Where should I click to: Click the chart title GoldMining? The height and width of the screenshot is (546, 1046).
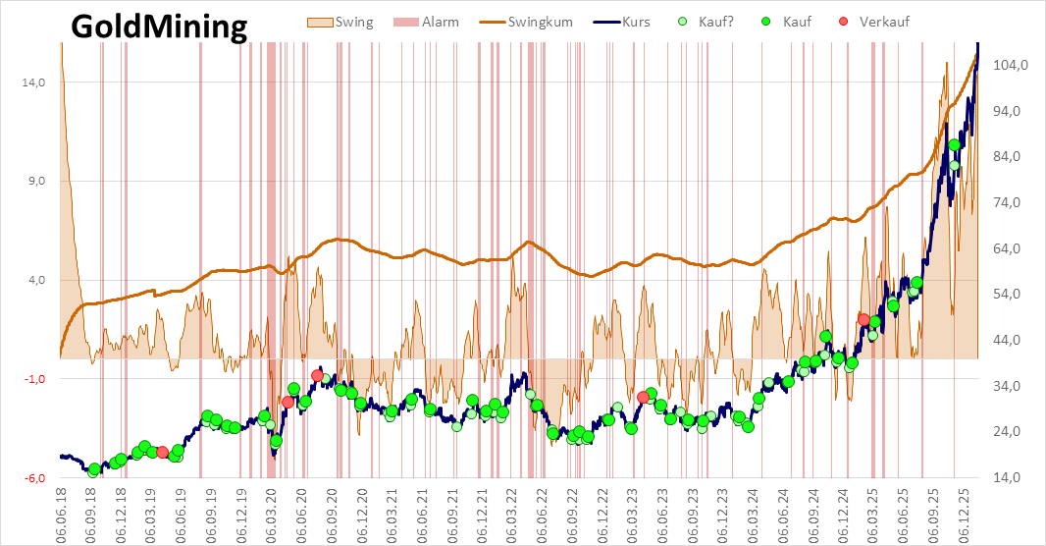[x=159, y=27]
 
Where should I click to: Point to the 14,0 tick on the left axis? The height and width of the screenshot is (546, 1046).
[x=33, y=82]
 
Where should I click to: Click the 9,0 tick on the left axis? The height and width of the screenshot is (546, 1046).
[x=36, y=181]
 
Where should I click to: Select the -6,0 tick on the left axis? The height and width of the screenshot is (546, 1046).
[x=35, y=478]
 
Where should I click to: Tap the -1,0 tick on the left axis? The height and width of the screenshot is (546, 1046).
[x=35, y=379]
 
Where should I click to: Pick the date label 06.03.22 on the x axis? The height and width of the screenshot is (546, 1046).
[x=511, y=512]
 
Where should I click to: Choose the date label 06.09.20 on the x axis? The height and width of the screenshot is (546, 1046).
[x=333, y=512]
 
